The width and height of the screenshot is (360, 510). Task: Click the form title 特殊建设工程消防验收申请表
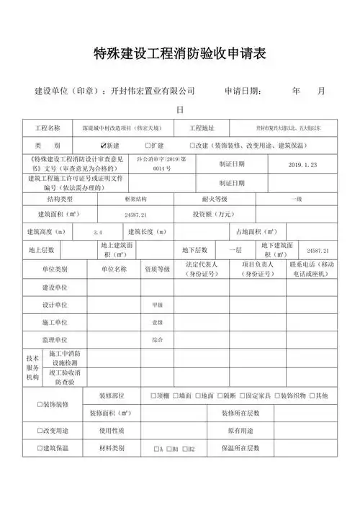point(180,53)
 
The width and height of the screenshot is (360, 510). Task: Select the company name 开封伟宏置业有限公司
point(150,92)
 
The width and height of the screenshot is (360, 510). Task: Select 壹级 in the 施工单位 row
point(157,321)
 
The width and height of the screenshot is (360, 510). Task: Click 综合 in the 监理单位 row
point(157,339)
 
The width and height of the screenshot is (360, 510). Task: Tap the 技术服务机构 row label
point(32,367)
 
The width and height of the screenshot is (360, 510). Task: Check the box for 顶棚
point(153,395)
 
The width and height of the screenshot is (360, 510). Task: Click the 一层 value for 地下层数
point(235,249)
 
